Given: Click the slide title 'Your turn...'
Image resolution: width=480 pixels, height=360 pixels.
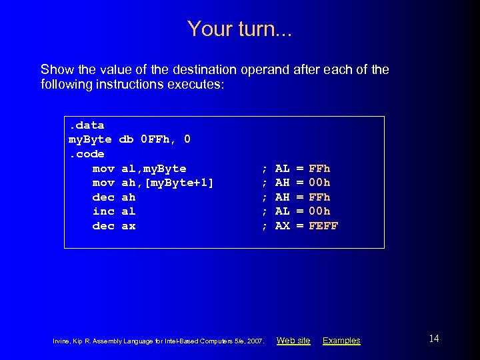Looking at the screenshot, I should click(239, 29).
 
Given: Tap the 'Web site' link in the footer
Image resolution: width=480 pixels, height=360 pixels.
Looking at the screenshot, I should click(293, 341).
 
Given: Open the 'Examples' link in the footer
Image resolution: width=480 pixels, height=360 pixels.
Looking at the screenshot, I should click(341, 341).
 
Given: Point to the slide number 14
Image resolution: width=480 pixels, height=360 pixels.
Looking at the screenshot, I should click(433, 339).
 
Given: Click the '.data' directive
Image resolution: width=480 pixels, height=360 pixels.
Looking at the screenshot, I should click(86, 125).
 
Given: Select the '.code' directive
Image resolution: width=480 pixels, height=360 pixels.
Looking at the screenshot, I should click(86, 154).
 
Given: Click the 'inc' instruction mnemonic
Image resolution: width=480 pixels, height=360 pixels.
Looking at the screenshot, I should click(103, 211).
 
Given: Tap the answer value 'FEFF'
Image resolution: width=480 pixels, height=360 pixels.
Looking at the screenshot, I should click(324, 226).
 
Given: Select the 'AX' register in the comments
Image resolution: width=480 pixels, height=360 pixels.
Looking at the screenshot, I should click(282, 226).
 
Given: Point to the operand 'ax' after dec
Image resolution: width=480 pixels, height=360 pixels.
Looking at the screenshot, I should click(129, 226).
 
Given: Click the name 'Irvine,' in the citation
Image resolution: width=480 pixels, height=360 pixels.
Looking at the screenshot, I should click(62, 341).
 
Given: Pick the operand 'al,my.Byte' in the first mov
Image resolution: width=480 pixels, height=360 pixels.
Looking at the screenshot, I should click(154, 169).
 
